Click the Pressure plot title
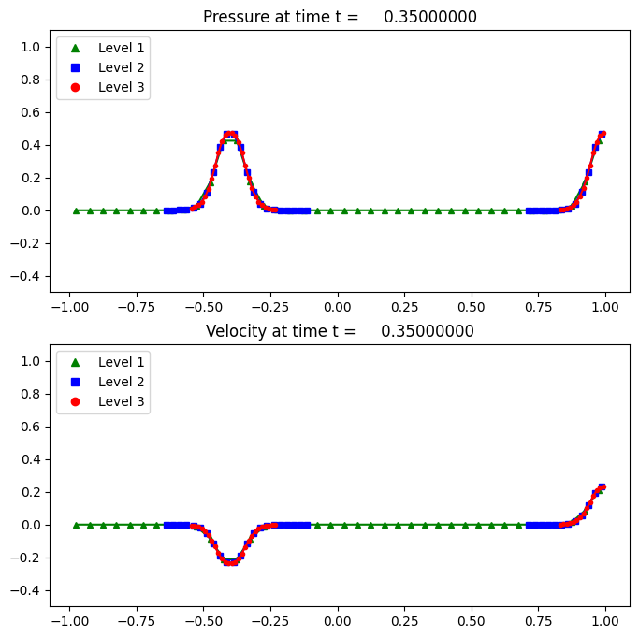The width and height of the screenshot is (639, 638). point(341,17)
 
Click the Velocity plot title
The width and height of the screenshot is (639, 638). point(341,331)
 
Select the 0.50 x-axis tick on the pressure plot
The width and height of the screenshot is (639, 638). point(472,306)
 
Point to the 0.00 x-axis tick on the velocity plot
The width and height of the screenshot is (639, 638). point(337,620)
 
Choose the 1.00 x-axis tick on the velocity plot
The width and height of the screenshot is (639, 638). point(605,620)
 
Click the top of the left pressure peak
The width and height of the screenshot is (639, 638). point(229,134)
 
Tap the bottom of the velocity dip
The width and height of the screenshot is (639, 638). point(229,562)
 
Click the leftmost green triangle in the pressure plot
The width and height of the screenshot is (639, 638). point(76,210)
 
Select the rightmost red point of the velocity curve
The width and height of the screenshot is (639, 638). point(603,486)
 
